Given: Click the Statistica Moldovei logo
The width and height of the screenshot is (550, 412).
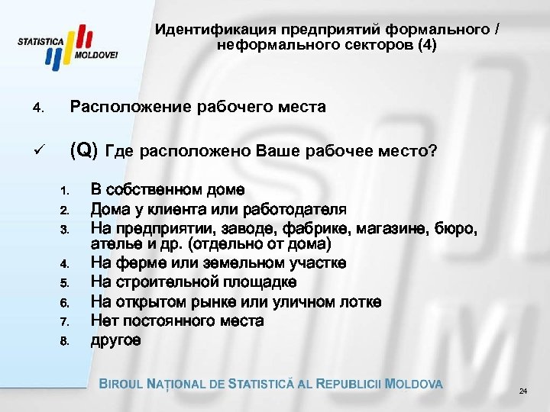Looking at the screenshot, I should (x=69, y=47).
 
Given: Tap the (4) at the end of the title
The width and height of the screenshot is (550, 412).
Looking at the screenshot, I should (x=427, y=45).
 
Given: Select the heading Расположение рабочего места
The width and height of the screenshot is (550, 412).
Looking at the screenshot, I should (x=198, y=107).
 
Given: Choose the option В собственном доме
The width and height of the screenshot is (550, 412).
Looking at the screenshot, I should (x=167, y=189).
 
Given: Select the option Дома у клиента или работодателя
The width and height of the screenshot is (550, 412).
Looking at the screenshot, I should (x=218, y=208).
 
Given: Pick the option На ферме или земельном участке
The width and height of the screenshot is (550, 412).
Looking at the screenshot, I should (x=218, y=263).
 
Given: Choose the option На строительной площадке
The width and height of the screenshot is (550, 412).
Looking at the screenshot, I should (x=194, y=282).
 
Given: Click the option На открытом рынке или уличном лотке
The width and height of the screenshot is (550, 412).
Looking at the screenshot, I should (x=236, y=301).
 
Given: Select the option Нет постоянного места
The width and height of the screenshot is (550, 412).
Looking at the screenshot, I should (x=177, y=320).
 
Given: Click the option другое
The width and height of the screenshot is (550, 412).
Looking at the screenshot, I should (x=115, y=340).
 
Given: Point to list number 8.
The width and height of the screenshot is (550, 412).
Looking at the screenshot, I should (x=65, y=341).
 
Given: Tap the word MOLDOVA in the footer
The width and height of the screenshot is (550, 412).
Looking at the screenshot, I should (x=415, y=384).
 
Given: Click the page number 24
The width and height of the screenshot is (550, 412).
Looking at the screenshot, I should (x=522, y=391).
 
